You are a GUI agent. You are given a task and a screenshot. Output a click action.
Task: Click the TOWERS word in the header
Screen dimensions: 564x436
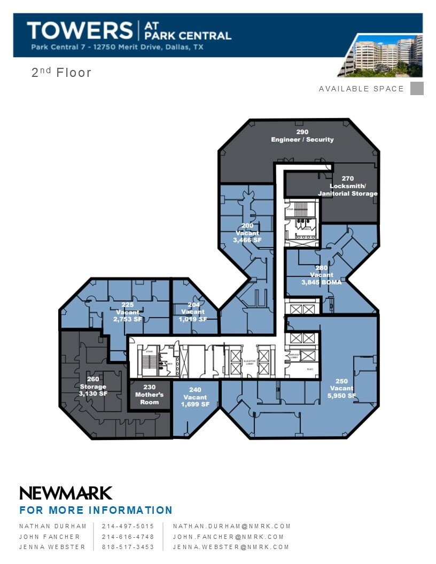point(80,30)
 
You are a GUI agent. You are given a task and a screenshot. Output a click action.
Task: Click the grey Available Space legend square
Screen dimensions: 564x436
point(417,89)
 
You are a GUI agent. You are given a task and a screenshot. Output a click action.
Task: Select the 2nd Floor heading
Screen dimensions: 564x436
point(61,73)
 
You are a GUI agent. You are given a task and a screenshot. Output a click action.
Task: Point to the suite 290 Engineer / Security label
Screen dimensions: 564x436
point(302,136)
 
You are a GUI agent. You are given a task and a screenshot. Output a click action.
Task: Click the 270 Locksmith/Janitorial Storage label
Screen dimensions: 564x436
point(348,186)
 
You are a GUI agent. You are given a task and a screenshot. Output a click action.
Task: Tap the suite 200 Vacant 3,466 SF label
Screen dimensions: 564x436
point(247,233)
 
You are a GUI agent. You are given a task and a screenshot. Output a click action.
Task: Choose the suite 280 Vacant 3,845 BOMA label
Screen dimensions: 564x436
point(322,275)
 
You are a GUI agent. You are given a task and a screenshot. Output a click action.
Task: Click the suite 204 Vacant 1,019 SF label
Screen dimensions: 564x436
point(193,312)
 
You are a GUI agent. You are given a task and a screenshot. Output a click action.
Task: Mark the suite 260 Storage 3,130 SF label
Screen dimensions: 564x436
point(94,386)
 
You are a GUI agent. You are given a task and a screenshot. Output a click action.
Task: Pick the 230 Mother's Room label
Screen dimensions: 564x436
point(150,395)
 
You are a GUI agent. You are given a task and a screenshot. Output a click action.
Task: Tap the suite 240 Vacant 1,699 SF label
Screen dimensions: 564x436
point(196,397)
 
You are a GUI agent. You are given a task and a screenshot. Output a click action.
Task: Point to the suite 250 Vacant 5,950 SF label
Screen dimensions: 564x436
point(342,388)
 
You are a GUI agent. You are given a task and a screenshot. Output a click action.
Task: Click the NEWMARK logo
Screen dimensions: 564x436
point(66,492)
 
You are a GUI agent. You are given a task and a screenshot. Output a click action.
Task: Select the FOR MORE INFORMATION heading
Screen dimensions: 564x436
point(96,510)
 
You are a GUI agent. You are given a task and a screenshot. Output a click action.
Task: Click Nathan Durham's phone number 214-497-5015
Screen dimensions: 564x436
point(128,526)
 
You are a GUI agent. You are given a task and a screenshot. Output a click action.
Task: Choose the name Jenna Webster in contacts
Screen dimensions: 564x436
point(52,547)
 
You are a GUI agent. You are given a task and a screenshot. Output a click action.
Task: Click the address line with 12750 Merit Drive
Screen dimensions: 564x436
point(117,47)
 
